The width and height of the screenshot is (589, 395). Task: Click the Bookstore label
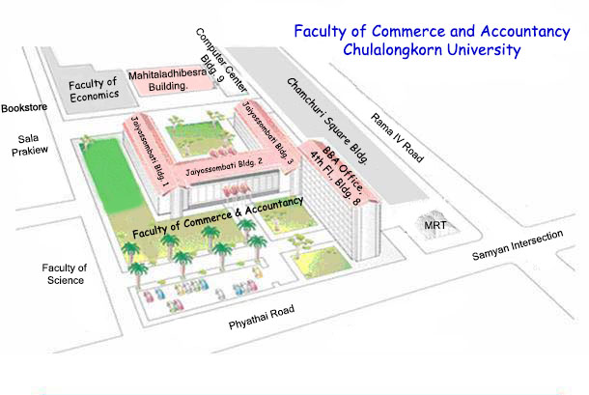click(x=24, y=108)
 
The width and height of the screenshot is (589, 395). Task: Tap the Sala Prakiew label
click(x=29, y=145)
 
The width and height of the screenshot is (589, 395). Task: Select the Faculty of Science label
click(x=65, y=274)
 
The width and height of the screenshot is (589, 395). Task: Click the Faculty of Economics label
click(x=93, y=90)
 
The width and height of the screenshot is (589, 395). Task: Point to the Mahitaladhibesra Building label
click(x=168, y=80)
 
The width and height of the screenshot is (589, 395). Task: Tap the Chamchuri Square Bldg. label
click(x=327, y=121)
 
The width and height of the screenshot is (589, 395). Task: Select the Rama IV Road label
click(x=398, y=137)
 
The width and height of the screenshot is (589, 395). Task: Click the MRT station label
click(x=435, y=225)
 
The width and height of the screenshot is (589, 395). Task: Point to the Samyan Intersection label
click(x=518, y=245)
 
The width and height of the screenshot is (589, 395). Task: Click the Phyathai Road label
click(x=262, y=318)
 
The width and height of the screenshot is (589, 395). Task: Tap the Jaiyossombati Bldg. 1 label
click(x=149, y=152)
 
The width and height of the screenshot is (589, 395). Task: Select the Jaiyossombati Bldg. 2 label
click(x=224, y=167)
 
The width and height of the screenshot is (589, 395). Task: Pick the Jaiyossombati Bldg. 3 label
click(x=267, y=132)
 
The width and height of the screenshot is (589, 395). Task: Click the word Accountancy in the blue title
click(x=525, y=32)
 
